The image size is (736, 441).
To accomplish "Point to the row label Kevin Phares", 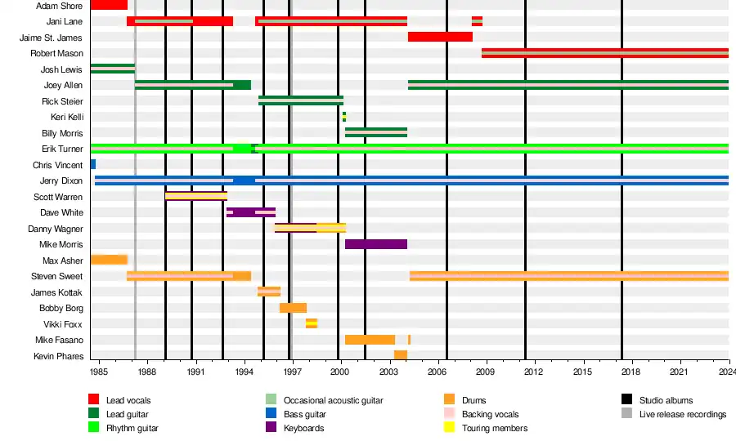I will click(58, 356).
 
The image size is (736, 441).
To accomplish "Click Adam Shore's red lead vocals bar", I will click(109, 5).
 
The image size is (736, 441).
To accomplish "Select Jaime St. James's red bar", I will click(440, 37).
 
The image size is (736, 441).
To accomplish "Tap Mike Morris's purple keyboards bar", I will click(375, 244).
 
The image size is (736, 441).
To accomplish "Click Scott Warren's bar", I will click(195, 196).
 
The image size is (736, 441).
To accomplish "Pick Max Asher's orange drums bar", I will click(109, 260).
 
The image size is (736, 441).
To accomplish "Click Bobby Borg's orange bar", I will click(293, 308).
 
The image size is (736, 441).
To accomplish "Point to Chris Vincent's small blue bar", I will click(93, 164).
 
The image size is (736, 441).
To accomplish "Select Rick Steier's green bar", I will click(300, 100).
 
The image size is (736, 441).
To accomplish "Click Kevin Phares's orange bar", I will click(400, 355).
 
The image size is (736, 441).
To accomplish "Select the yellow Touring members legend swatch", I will click(449, 428).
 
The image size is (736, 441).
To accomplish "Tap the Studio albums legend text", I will click(666, 400).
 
